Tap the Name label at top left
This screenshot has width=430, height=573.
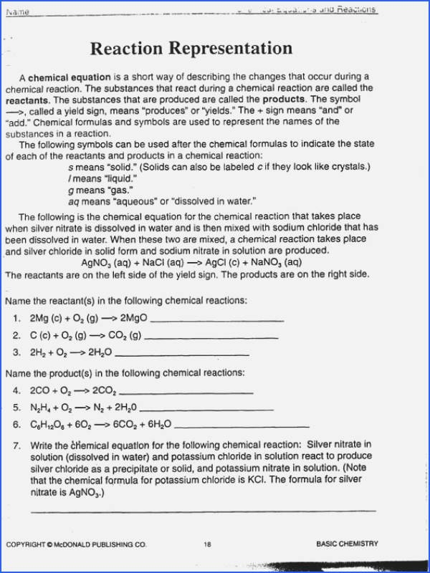point(18,12)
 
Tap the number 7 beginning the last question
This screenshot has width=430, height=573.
point(16,445)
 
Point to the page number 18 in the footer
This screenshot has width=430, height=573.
point(207,544)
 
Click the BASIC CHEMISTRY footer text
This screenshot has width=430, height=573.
point(347,544)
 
